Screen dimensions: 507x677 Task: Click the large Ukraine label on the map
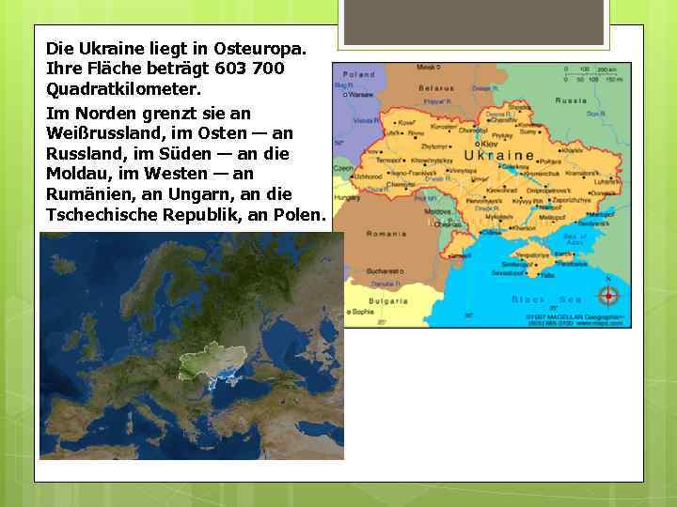click(500, 155)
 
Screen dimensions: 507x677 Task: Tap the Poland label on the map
click(358, 74)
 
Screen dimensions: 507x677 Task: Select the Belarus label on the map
click(436, 88)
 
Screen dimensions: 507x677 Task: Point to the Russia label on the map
click(571, 100)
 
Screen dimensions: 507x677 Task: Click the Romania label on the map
click(386, 233)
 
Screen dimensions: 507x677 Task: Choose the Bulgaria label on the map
click(387, 301)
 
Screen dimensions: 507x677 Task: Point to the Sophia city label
click(361, 311)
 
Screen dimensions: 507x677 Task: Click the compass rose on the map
click(608, 296)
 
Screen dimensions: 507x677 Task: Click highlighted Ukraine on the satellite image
click(226, 356)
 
